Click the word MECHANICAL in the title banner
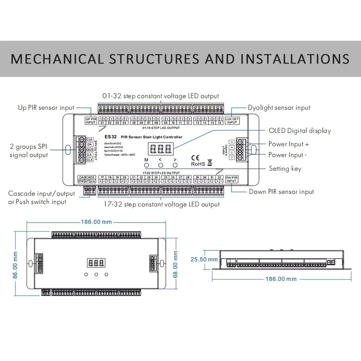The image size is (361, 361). (x=57, y=59)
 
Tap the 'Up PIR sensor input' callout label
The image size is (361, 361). (x=46, y=108)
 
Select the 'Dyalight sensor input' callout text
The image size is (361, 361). (x=279, y=108)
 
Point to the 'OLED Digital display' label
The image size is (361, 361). (x=300, y=130)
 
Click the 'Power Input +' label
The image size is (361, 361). (x=288, y=144)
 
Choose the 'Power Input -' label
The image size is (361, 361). (x=287, y=155)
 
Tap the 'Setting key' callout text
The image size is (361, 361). (x=285, y=168)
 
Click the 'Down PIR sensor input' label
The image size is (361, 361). (x=281, y=192)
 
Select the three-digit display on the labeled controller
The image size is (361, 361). (x=161, y=149)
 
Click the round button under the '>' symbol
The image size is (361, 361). (x=175, y=165)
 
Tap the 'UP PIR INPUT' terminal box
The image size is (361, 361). (x=91, y=120)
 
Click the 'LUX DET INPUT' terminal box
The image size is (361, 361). (x=232, y=120)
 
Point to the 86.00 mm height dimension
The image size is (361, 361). (x=16, y=265)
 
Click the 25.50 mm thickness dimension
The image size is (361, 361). (x=204, y=259)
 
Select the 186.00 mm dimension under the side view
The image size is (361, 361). (x=281, y=279)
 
